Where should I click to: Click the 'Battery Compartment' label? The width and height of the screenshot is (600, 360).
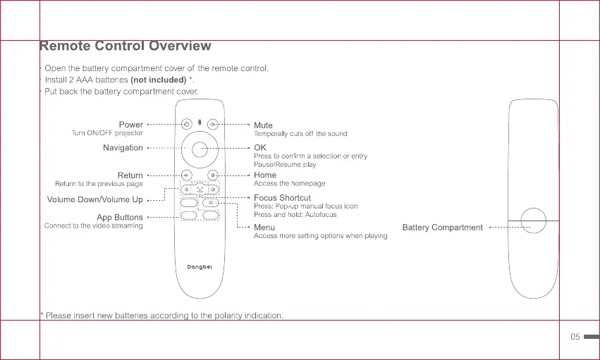tap(442, 228)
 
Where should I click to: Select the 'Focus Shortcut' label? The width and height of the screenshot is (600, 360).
tap(282, 198)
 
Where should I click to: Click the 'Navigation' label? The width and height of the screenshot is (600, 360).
tap(123, 148)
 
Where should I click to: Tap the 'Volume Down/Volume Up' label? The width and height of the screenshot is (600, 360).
tap(94, 200)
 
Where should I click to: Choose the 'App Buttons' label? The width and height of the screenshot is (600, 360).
tap(119, 218)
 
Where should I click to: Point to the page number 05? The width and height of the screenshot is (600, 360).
tap(575, 337)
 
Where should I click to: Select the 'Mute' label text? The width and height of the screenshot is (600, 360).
tap(263, 125)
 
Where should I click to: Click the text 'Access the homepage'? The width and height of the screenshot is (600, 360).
tap(289, 184)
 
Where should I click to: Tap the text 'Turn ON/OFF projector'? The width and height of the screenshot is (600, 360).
tap(107, 133)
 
